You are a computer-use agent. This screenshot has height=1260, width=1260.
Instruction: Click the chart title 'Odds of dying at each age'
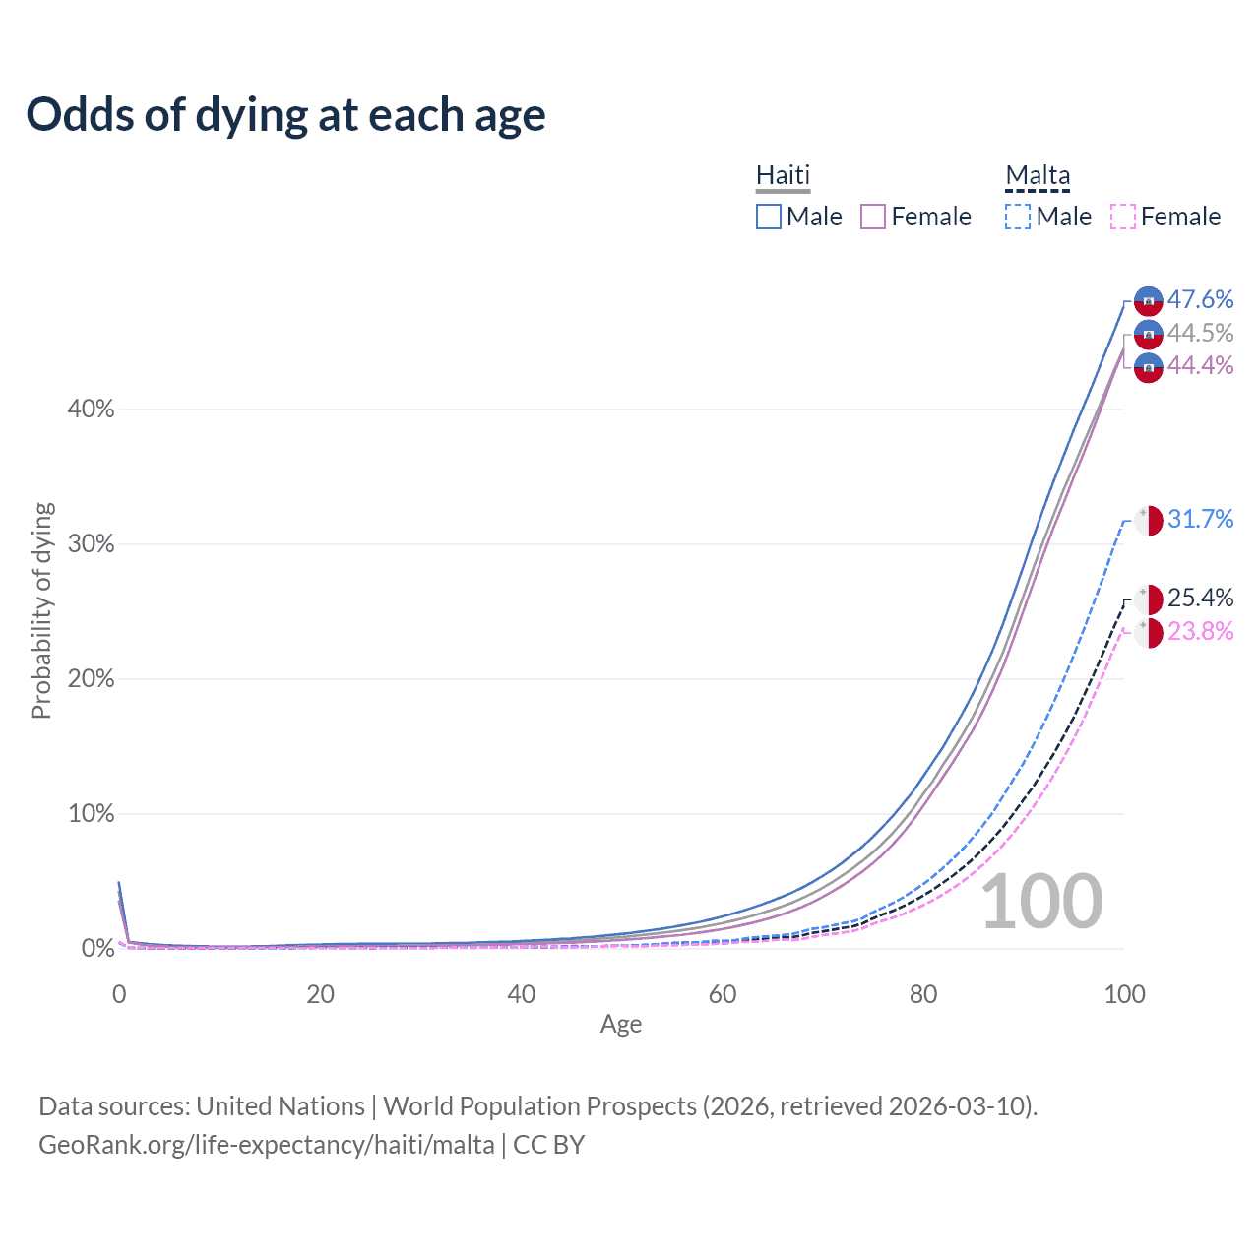(285, 115)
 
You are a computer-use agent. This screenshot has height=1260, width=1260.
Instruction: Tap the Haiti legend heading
(783, 175)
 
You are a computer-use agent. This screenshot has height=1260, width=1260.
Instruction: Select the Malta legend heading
(1038, 175)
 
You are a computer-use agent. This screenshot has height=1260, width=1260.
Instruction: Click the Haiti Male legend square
(769, 217)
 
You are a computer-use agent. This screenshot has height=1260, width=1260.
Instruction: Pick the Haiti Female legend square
(873, 217)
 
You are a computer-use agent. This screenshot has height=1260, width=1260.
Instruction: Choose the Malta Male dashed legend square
(1018, 217)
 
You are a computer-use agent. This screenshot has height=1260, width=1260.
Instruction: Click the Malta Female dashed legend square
(1123, 217)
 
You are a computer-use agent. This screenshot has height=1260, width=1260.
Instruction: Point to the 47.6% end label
(1200, 299)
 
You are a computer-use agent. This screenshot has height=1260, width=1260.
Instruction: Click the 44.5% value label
(1200, 333)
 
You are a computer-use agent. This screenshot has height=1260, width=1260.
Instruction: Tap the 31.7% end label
(1200, 519)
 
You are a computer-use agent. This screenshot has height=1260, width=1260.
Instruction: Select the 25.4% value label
(1200, 598)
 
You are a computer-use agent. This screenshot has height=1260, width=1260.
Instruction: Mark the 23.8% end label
(1200, 631)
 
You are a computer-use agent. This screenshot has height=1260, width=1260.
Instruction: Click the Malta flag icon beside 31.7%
(1149, 520)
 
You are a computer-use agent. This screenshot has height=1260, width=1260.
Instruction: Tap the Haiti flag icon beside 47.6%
(1149, 301)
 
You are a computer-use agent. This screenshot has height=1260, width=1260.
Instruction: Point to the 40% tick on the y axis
(91, 409)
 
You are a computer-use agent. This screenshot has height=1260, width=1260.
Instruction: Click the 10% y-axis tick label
(91, 814)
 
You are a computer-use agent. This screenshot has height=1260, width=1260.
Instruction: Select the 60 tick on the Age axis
(723, 994)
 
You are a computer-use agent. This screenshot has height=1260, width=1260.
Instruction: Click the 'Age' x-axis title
(621, 1025)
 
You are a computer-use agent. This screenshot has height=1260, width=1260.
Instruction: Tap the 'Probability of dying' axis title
(41, 610)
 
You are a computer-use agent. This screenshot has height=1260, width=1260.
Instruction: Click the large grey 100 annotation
(1041, 902)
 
